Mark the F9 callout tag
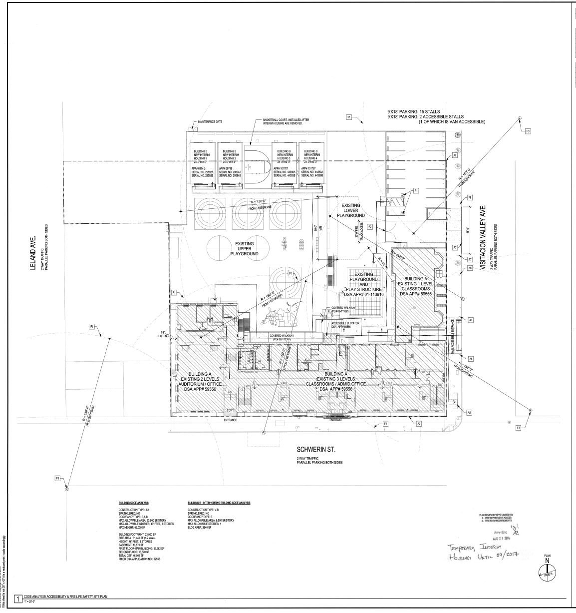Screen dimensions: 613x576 click(470, 198)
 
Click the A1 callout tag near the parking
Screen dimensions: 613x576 click(415, 190)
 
